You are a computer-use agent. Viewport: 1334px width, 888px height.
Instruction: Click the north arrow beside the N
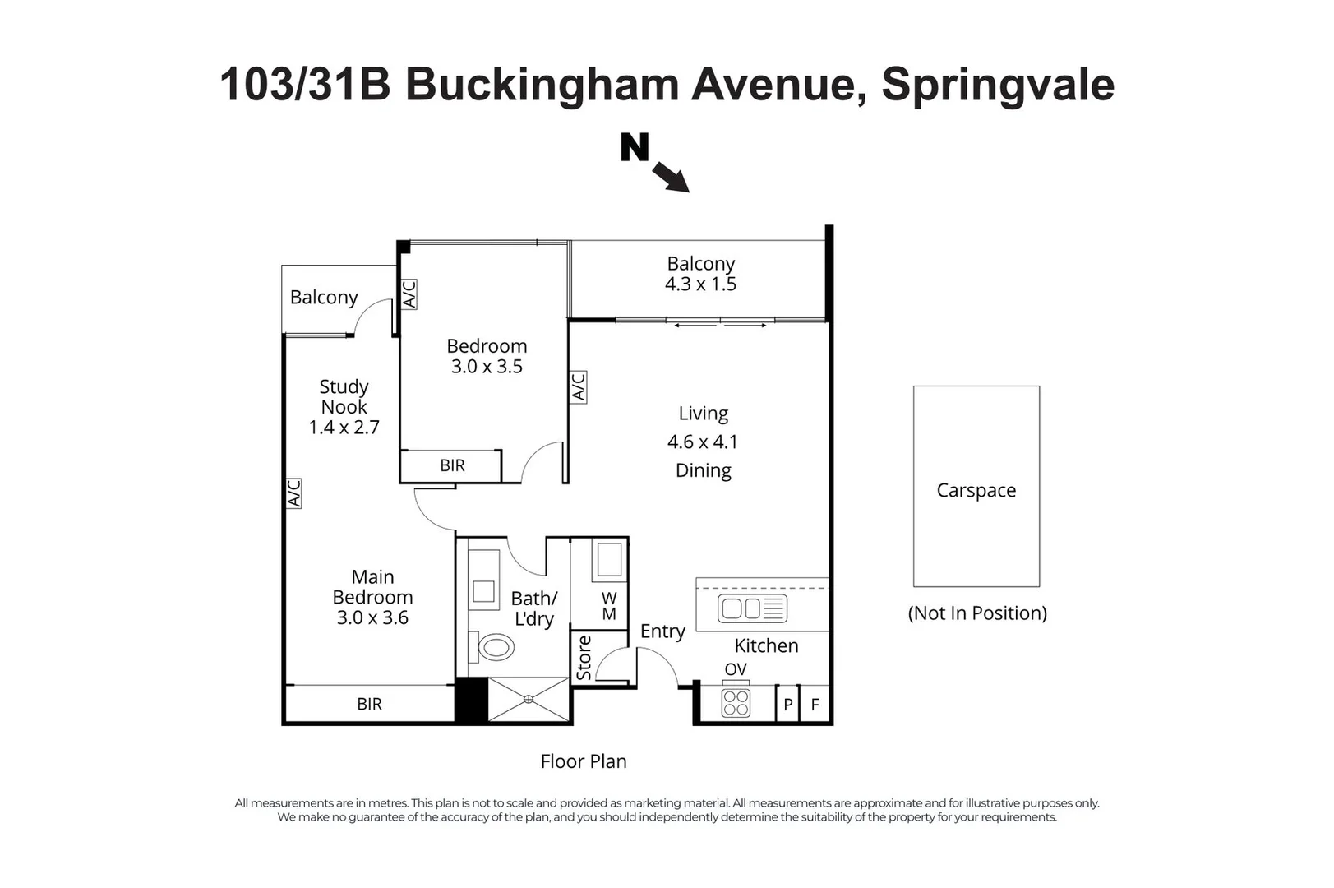(672, 177)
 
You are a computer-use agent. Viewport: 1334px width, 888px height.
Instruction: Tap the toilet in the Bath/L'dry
(492, 647)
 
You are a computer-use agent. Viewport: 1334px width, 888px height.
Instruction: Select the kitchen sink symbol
(752, 608)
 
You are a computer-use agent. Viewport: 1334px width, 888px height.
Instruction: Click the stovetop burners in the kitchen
(736, 703)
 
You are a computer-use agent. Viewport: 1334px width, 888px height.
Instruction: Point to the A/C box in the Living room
(579, 387)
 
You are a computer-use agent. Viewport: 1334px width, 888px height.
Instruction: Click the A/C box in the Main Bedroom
(293, 493)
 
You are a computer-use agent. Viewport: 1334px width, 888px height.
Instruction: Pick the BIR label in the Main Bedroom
(369, 704)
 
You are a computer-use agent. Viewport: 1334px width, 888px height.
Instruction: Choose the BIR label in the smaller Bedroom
(453, 465)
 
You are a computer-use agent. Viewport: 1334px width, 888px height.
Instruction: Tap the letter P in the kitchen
(788, 705)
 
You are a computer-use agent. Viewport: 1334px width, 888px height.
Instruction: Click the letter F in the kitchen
(815, 705)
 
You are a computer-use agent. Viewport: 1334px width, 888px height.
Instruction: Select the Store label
(584, 658)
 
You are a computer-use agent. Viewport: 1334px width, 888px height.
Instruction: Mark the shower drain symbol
(529, 699)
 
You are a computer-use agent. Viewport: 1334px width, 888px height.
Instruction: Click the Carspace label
(976, 490)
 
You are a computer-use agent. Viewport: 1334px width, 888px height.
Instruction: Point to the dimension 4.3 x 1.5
(700, 284)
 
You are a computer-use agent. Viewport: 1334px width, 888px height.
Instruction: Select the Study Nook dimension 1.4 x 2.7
(344, 427)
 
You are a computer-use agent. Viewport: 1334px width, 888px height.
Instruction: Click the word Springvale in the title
(998, 85)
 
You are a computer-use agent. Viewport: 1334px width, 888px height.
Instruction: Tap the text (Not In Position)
(977, 613)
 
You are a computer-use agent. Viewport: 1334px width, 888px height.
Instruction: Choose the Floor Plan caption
(584, 761)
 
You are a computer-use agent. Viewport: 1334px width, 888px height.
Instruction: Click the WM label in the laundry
(608, 606)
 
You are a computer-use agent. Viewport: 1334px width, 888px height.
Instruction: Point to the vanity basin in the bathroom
(483, 591)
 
